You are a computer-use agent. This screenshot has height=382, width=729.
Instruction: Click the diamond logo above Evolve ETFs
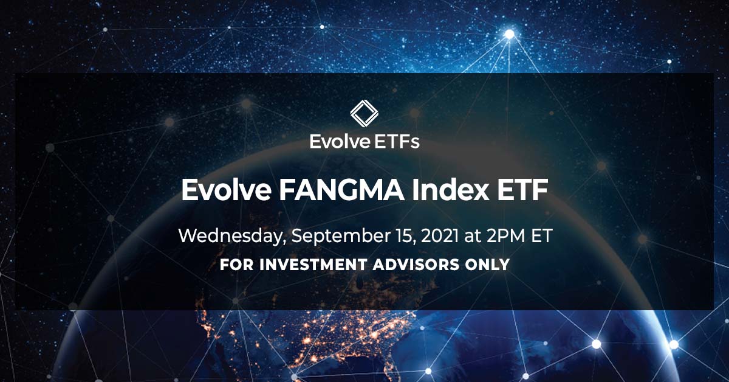coord(364,115)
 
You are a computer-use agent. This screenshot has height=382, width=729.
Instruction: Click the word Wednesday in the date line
coord(231,236)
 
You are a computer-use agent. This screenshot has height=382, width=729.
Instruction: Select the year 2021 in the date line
coord(425,236)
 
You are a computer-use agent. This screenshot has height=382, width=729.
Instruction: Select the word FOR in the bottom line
coord(234,265)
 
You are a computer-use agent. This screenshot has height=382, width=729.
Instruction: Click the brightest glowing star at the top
coord(509,34)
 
